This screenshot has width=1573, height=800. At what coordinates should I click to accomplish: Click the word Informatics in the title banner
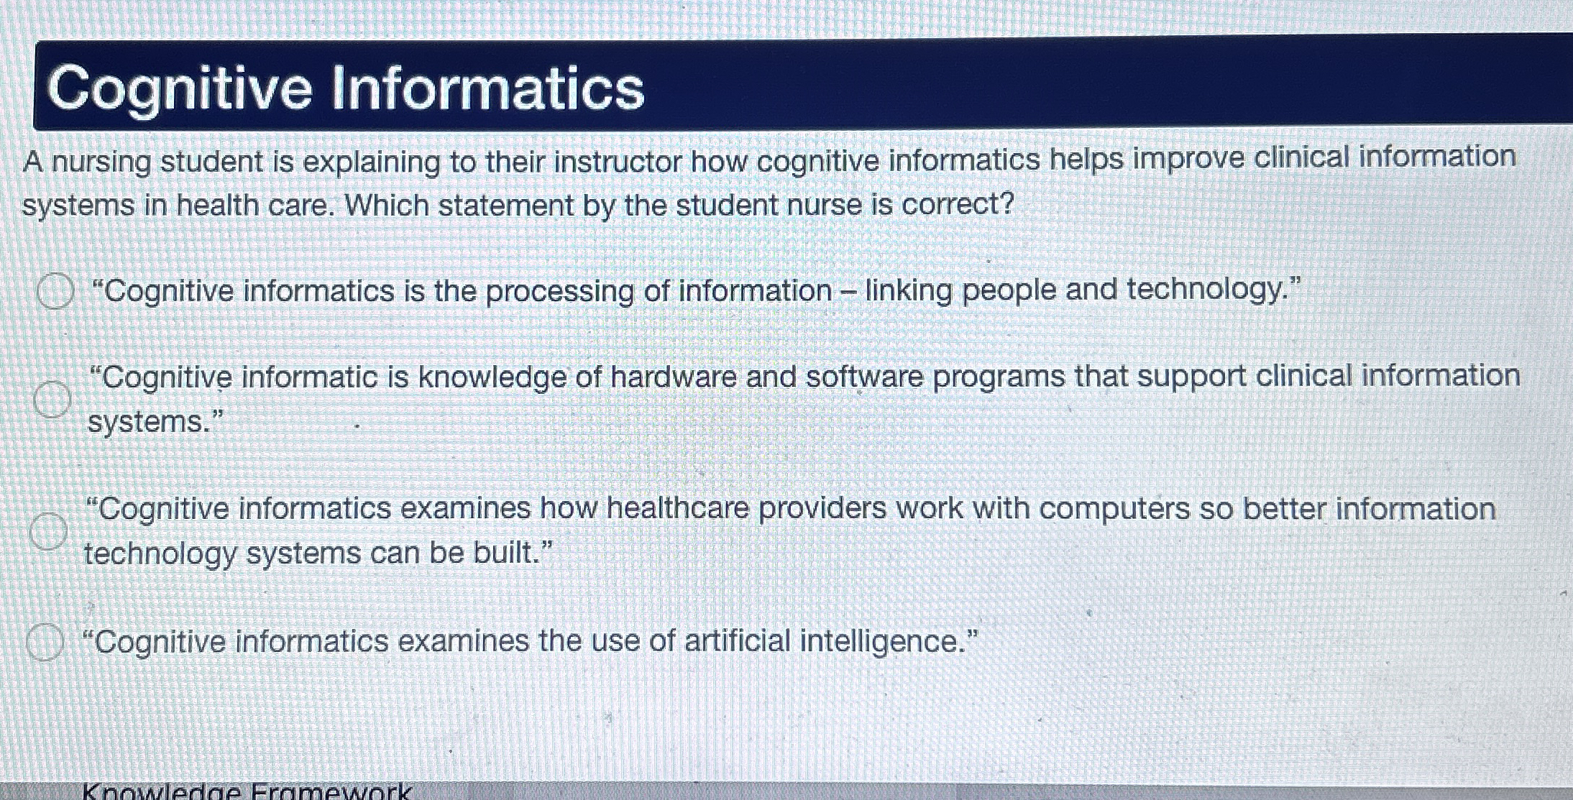(x=487, y=88)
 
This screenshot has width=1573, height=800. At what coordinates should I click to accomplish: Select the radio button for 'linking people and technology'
(x=55, y=291)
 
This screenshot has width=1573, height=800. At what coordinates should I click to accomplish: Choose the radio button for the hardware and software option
(x=52, y=399)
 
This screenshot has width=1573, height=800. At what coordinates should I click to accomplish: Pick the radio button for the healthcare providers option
(x=48, y=532)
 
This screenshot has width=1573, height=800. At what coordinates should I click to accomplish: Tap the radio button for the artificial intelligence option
(x=45, y=642)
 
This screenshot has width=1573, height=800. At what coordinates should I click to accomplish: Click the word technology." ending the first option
(x=1214, y=290)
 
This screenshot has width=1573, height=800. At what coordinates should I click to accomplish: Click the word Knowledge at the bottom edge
(x=161, y=792)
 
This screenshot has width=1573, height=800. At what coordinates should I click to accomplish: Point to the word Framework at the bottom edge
(x=331, y=792)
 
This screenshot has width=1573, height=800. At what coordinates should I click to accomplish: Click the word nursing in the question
(x=101, y=162)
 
